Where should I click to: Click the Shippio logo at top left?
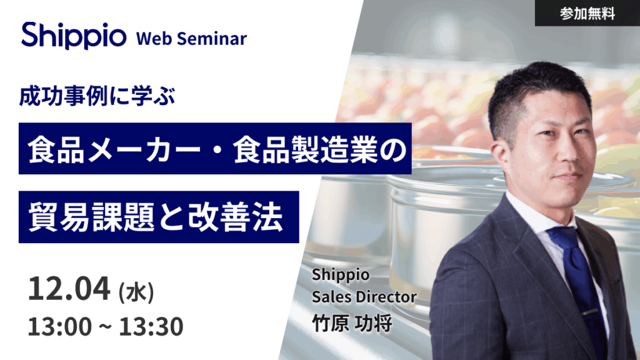point(74,36)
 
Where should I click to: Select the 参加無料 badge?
point(587,14)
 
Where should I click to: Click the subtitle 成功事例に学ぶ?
point(97,97)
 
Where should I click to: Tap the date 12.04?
point(69,289)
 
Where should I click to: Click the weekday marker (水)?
point(136,292)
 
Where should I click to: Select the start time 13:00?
point(59,327)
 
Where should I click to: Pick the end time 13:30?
point(151,327)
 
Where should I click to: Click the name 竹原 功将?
point(352,323)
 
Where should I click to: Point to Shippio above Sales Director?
point(341,275)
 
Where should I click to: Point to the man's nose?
point(570,153)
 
